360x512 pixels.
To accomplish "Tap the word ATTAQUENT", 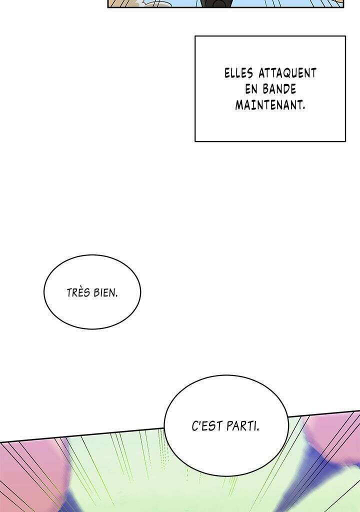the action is pyautogui.click(x=287, y=73).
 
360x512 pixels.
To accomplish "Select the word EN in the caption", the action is pyautogui.click(x=251, y=89).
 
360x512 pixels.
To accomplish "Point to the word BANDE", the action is pyautogui.click(x=279, y=89).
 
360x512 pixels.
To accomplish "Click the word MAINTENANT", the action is pyautogui.click(x=269, y=105).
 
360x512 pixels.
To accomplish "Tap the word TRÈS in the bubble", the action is pyautogui.click(x=78, y=292).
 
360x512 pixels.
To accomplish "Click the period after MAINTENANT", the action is pyautogui.click(x=304, y=108).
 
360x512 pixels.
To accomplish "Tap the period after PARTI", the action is pyautogui.click(x=257, y=430).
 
